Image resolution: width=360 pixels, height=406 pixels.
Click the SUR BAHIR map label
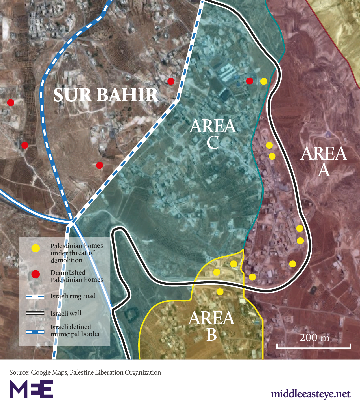(106, 95)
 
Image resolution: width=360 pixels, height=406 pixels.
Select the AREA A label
(324, 162)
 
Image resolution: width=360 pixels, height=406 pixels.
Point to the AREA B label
(212, 326)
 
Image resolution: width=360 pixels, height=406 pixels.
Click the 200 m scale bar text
(314, 338)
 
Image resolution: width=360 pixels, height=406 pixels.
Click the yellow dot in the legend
(35, 248)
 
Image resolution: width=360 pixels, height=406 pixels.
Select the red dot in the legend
(35, 274)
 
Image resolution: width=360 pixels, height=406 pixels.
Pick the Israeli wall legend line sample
(35, 313)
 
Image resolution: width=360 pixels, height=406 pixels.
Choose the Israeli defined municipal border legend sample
(35, 331)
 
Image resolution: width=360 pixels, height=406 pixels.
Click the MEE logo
(31, 389)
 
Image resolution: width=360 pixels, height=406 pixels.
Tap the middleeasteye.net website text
(311, 394)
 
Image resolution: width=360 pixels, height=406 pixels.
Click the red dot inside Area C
(250, 81)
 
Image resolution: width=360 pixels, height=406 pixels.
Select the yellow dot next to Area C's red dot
(264, 81)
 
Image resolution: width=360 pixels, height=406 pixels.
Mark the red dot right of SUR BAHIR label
(171, 81)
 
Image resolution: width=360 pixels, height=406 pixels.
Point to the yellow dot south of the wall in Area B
(220, 292)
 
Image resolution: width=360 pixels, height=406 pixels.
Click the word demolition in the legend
(66, 260)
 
